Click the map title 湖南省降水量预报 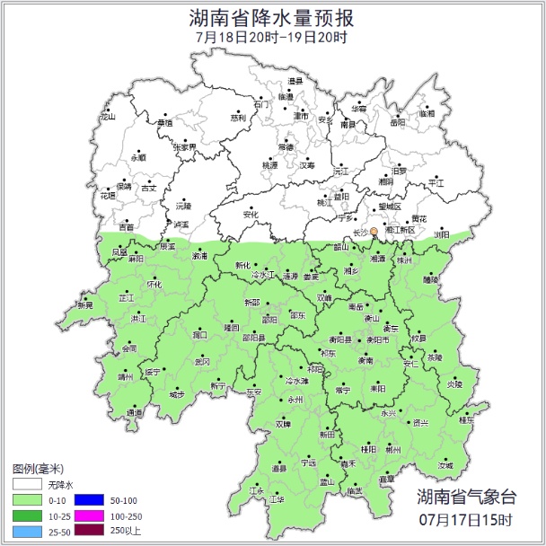click(x=272, y=18)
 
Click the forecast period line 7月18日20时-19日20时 click(x=272, y=38)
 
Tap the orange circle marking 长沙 click(x=374, y=232)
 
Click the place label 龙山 click(x=108, y=117)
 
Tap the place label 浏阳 click(x=442, y=233)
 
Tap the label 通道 click(x=134, y=413)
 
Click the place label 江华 click(x=277, y=499)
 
